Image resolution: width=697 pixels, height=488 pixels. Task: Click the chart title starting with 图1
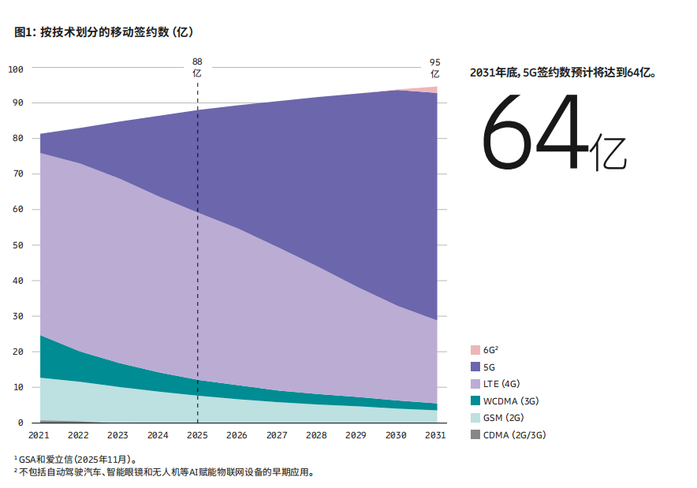(x=103, y=32)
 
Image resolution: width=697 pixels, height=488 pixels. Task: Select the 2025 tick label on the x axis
(x=197, y=434)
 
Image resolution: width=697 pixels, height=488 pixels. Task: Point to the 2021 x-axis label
(x=39, y=434)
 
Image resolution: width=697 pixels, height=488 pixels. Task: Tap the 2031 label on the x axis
(x=435, y=434)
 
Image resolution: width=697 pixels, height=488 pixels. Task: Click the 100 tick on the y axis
(x=17, y=69)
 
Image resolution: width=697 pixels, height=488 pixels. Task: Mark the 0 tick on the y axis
(x=21, y=423)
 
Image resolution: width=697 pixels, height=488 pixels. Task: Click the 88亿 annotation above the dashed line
(x=197, y=67)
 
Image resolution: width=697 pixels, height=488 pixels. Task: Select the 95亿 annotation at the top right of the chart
(x=435, y=68)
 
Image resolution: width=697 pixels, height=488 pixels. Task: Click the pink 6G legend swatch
(x=475, y=349)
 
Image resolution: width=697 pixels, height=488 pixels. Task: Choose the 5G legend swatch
(x=475, y=367)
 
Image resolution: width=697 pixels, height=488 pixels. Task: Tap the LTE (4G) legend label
(x=501, y=384)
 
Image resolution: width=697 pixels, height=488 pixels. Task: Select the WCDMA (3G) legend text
(x=511, y=401)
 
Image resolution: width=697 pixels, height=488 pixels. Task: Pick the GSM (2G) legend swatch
(x=475, y=418)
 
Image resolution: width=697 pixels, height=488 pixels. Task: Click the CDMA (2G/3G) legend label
(x=515, y=435)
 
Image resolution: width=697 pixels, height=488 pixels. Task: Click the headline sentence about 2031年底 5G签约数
(x=563, y=72)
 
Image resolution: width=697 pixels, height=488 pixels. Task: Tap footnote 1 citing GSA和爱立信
(x=77, y=459)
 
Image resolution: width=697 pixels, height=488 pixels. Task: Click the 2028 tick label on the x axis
(x=316, y=434)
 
